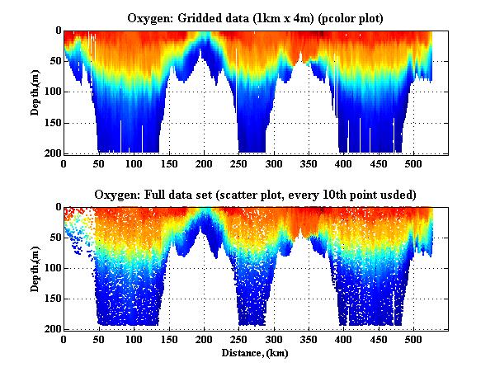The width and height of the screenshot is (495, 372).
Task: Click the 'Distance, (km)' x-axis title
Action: point(256,353)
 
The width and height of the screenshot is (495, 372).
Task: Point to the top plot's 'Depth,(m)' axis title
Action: point(35,91)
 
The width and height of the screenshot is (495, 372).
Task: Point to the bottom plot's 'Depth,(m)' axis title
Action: point(35,267)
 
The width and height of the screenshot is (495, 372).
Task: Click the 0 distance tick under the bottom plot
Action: point(64,340)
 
